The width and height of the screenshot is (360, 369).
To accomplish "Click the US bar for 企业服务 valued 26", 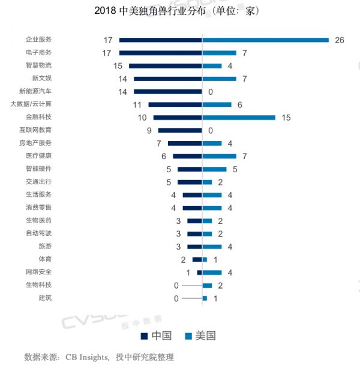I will click(x=266, y=40).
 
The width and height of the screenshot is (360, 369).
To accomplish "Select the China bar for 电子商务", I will click(x=161, y=53).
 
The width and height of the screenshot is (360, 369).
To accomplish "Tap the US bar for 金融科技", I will click(x=239, y=118).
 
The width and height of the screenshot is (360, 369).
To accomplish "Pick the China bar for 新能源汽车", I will click(x=168, y=92).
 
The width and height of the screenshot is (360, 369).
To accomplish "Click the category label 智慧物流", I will click(x=38, y=66).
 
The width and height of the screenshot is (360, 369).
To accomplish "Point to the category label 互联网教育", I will click(x=35, y=130).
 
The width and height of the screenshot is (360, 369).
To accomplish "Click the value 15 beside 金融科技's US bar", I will click(x=286, y=118).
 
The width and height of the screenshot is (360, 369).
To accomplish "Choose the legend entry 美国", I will click(x=200, y=335).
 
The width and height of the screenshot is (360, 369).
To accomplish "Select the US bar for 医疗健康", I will click(x=220, y=156).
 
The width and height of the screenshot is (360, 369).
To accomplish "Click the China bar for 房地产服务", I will click(x=185, y=143).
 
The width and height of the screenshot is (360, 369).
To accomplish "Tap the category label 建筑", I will click(x=45, y=298).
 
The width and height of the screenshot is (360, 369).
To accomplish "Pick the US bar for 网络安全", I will click(x=212, y=272).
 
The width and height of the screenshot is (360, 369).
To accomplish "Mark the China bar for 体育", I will click(x=197, y=259).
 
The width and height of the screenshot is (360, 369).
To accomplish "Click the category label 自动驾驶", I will click(x=38, y=233).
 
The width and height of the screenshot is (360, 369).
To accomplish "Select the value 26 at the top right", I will click(x=339, y=40).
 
